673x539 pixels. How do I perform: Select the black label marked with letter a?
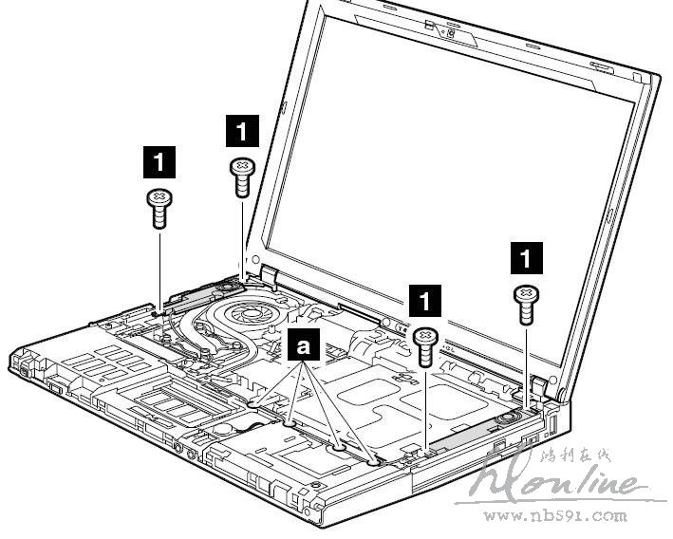(304, 346)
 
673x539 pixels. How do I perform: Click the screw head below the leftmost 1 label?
(158, 200)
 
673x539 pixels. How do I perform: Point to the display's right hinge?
(547, 383)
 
